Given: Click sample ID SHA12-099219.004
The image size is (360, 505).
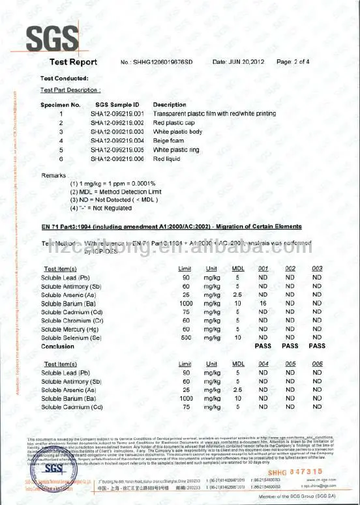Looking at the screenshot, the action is tap(117, 140).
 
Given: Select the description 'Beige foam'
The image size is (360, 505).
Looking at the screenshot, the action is tap(170, 140).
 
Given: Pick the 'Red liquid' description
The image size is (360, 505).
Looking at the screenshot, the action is tap(167, 158).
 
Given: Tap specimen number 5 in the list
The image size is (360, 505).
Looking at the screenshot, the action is tap(61, 149).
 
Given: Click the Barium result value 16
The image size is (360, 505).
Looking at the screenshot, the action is tap(263, 303).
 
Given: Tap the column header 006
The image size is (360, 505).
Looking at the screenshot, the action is tap(318, 364).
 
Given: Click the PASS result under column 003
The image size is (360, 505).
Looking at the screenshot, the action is tap(318, 346).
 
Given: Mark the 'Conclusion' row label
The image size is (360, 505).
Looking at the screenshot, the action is tap(58, 346).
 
